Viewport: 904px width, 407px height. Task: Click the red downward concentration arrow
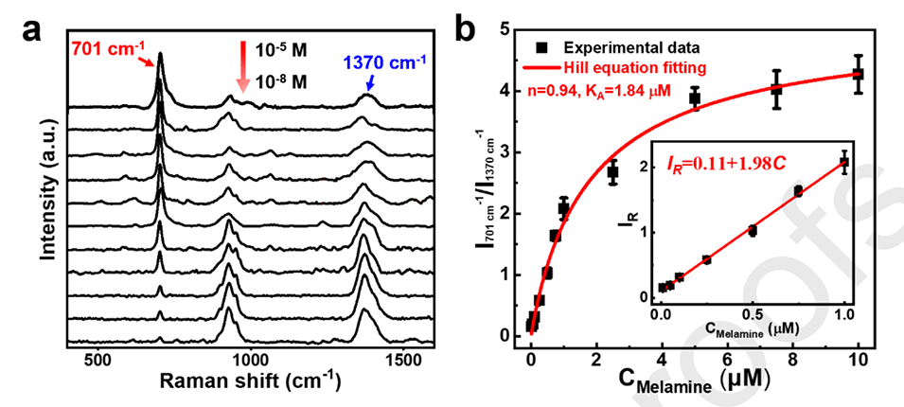point(242,65)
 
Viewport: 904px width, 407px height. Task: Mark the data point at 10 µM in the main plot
point(859,74)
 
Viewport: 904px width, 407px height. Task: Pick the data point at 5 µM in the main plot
point(695,98)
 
